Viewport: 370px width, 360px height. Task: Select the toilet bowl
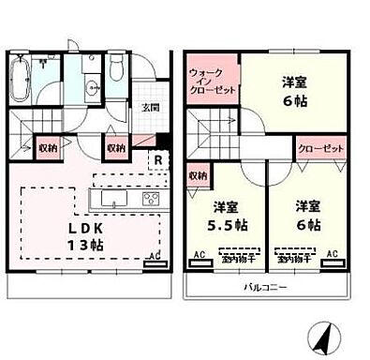[x=115, y=71]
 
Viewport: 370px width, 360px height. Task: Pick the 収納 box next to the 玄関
[x=116, y=146]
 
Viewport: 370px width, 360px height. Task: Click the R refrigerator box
[x=160, y=159]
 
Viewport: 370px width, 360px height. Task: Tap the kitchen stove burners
[x=153, y=200]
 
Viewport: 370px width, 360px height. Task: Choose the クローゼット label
[x=321, y=148]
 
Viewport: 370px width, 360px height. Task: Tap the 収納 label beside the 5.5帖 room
[x=197, y=174]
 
